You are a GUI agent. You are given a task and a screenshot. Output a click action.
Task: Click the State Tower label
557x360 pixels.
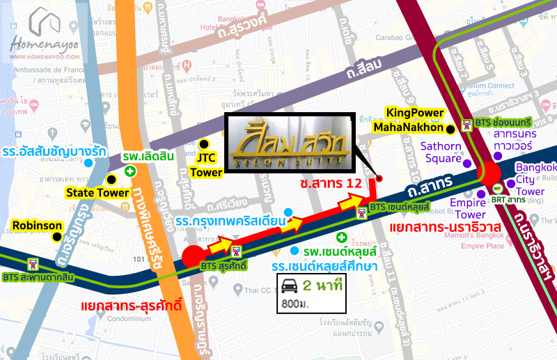pos(97,192)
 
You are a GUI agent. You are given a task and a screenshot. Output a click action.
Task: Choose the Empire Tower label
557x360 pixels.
pos(467,209)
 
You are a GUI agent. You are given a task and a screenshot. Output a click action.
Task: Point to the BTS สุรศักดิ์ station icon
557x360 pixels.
pos(237,251)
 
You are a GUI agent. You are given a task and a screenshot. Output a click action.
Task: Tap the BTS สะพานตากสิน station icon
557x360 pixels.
pos(31,264)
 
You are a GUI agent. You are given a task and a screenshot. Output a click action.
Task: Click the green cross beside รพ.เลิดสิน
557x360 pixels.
pos(130,171)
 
